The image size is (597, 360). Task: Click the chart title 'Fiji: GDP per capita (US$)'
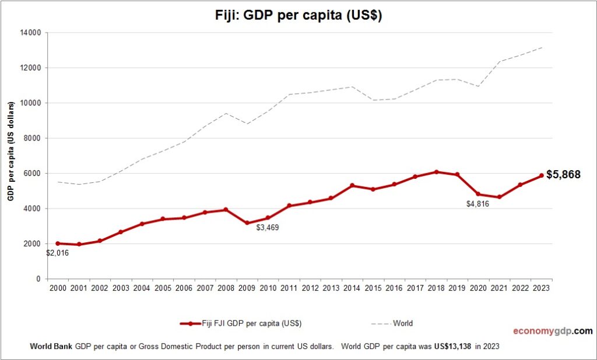pyautogui.click(x=298, y=16)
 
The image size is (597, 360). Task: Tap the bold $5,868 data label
pyautogui.click(x=563, y=174)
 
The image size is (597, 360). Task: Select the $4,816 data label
pyautogui.click(x=477, y=204)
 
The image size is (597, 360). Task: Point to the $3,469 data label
pyautogui.click(x=268, y=227)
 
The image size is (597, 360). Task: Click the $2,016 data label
pyautogui.click(x=58, y=253)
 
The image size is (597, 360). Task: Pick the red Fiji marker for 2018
pyautogui.click(x=436, y=172)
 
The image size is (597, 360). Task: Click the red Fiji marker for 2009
pyautogui.click(x=247, y=223)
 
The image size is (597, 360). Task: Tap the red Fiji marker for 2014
pyautogui.click(x=352, y=185)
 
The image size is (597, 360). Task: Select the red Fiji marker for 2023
pyautogui.click(x=541, y=175)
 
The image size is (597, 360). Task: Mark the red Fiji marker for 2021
pyautogui.click(x=499, y=197)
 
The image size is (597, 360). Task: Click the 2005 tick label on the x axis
pyautogui.click(x=163, y=288)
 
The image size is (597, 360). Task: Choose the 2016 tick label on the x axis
pyautogui.click(x=394, y=288)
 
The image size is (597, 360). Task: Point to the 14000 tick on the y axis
pyautogui.click(x=30, y=33)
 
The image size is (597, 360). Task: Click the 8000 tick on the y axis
pyautogui.click(x=31, y=138)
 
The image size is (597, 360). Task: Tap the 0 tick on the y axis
pyautogui.click(x=37, y=279)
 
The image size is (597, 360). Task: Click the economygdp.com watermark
pyautogui.click(x=553, y=331)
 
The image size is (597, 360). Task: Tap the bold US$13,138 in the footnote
pyautogui.click(x=453, y=346)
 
